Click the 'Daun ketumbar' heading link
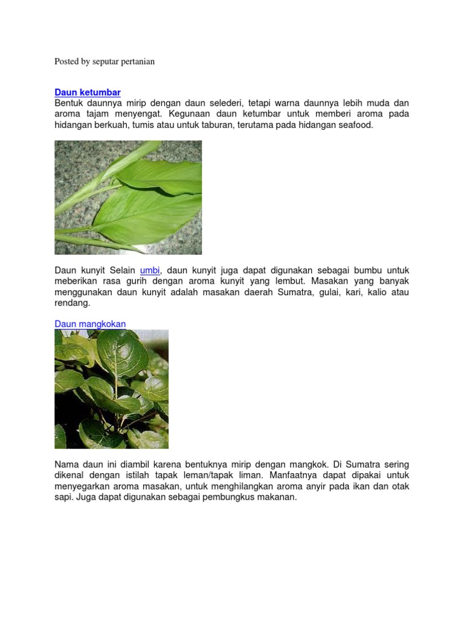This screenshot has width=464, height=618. point(88,92)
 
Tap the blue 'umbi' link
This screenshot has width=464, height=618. point(150,271)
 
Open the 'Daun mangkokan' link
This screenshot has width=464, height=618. point(90,324)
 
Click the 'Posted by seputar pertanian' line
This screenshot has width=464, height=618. point(105,62)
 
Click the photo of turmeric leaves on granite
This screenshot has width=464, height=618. point(128,197)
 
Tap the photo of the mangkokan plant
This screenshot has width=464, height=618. point(111,389)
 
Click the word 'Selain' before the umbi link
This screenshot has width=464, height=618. point(123,271)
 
